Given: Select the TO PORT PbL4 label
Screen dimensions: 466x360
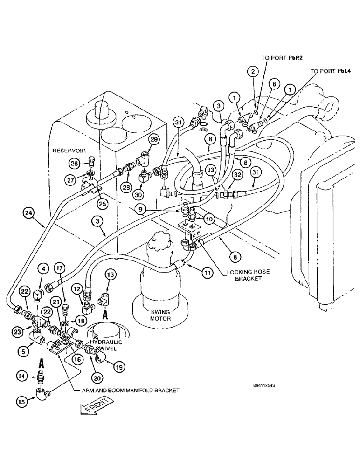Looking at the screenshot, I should pyautogui.click(x=330, y=71).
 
